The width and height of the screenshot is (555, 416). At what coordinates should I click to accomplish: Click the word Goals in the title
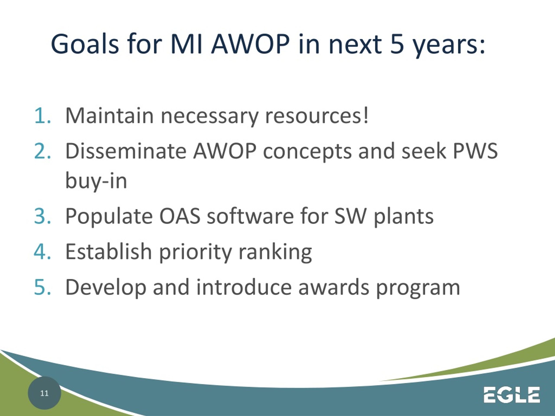[85, 44]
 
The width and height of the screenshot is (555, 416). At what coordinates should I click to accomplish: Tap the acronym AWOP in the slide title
[250, 44]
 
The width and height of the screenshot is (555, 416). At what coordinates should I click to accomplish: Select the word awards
[334, 287]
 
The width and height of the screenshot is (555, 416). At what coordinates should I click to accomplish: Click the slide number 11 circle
[44, 393]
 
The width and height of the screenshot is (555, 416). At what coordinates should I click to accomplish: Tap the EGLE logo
[512, 394]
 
